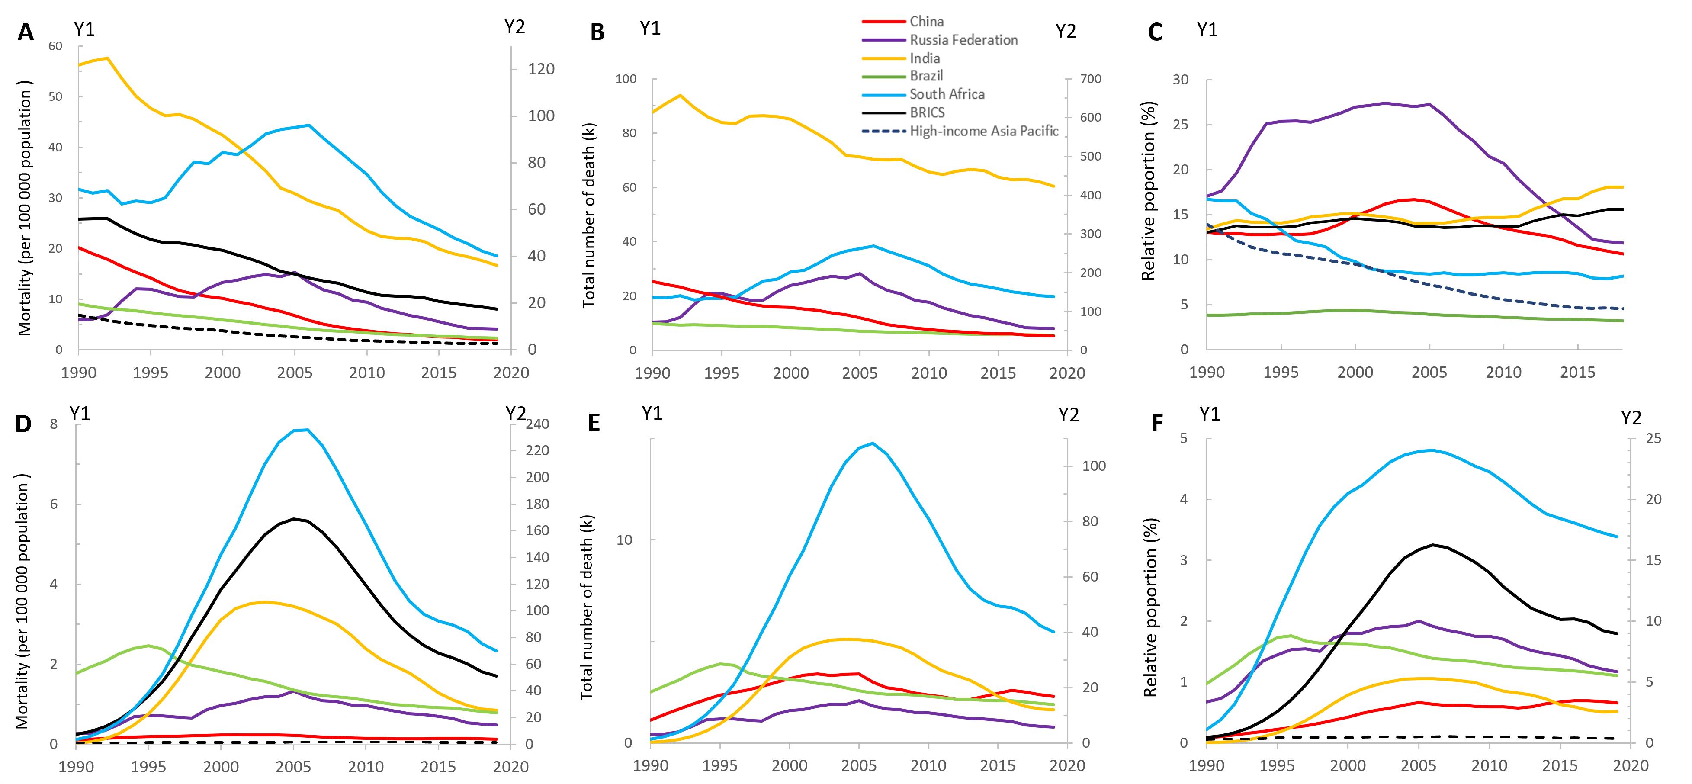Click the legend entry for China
926,22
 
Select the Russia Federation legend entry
963,40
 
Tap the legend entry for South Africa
947,95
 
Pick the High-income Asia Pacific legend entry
983,132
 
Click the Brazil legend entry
926,76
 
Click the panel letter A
25,32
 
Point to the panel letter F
1158,424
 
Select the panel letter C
1155,32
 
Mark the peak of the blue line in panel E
872,443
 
